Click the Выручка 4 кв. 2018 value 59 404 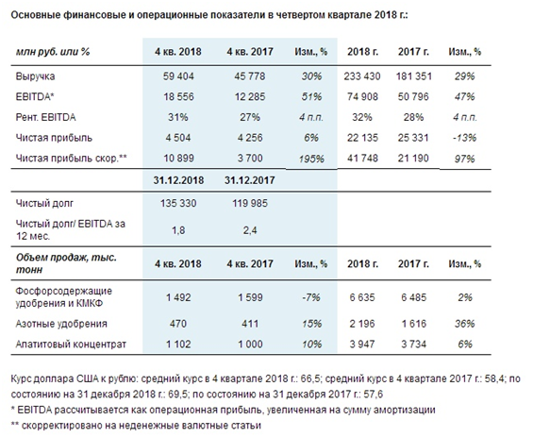(x=178, y=76)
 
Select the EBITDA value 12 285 (x=250, y=97)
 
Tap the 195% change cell (x=311, y=159)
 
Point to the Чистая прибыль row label (x=54, y=138)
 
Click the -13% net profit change (x=464, y=138)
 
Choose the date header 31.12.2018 (x=178, y=180)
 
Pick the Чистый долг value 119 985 (x=250, y=203)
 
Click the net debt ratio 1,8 (x=178, y=230)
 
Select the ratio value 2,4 (x=250, y=230)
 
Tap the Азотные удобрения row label (x=61, y=324)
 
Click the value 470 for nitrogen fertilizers (x=178, y=324)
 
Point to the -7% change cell (x=311, y=297)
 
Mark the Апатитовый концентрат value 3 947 (x=362, y=345)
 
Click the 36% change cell (x=465, y=324)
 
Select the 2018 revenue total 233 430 (x=362, y=76)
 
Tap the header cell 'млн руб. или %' (x=53, y=52)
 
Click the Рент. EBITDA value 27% (x=250, y=117)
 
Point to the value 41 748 (x=362, y=159)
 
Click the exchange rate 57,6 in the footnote (x=374, y=395)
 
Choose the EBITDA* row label (x=35, y=97)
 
